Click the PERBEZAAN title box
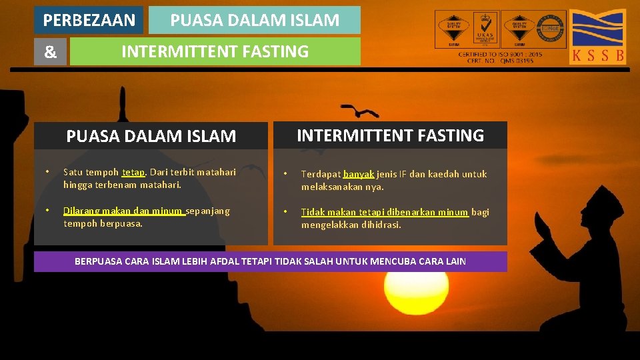[89, 20]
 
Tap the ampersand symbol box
[51, 52]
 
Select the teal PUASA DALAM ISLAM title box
[254, 20]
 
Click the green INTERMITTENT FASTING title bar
[215, 51]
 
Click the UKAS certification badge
[486, 29]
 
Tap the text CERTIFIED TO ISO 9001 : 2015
[500, 54]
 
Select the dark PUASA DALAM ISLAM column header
[151, 136]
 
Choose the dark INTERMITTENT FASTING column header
[390, 135]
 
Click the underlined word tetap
[133, 172]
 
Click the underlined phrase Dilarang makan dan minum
[123, 211]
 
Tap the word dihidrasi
[383, 225]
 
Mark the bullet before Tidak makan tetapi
[285, 212]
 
